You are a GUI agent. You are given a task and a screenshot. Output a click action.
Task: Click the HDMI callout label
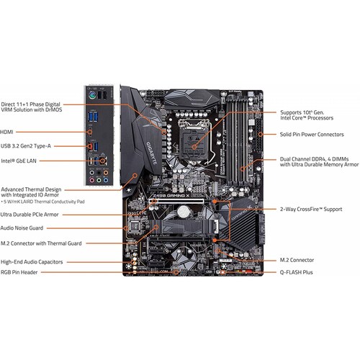[x=6, y=132]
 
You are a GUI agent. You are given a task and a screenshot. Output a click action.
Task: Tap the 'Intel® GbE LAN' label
[x=19, y=161]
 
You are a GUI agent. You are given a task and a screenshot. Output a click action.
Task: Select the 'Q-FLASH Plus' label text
[x=296, y=272]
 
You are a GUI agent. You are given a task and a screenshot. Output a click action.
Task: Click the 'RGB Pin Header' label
[x=19, y=272]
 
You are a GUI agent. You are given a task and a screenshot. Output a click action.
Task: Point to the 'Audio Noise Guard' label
[x=22, y=228]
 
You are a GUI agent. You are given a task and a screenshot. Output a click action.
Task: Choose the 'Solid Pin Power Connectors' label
[x=312, y=135]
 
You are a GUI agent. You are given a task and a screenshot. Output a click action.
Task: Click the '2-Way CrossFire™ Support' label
[x=311, y=209]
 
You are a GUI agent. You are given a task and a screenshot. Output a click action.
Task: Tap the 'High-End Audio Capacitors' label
[x=32, y=262]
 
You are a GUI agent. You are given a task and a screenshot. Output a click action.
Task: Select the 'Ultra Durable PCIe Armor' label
[x=30, y=215]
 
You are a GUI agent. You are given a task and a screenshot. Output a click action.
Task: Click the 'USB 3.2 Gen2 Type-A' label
[x=26, y=146]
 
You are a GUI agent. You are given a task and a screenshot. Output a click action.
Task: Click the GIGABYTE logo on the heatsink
[x=152, y=153]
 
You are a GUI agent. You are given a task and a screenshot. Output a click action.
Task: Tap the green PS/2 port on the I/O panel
[x=92, y=95]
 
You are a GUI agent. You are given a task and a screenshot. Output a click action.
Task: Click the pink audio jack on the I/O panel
[x=91, y=180]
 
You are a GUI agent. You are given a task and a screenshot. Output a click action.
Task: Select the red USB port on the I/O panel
[x=90, y=146]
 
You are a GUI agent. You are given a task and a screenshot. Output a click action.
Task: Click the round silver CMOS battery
[x=184, y=212]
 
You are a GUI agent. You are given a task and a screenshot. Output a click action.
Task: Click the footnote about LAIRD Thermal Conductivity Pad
[x=43, y=202]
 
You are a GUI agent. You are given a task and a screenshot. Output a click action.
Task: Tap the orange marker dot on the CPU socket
[x=194, y=147]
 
